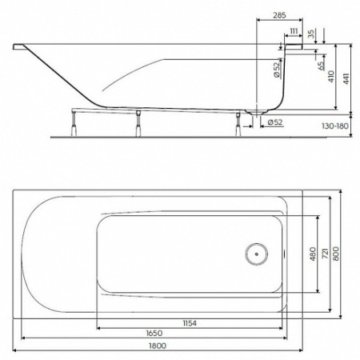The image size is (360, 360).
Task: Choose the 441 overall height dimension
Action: coord(346,77)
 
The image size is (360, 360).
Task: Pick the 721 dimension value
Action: coord(326,254)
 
